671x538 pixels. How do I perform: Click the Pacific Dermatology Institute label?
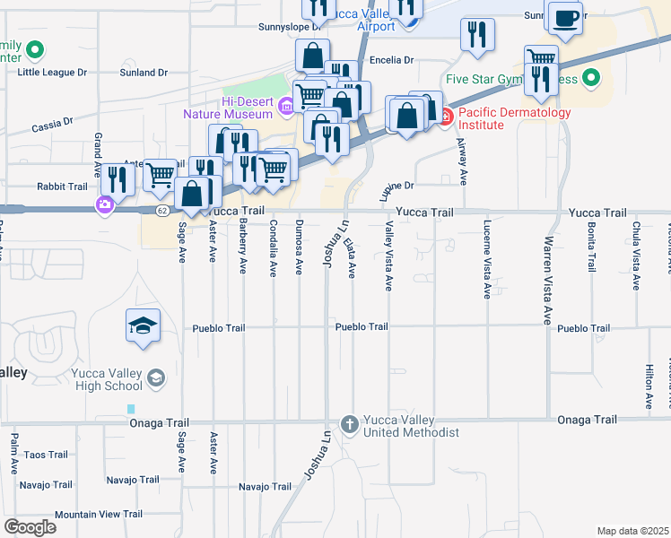514,118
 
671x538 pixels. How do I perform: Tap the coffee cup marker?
565,19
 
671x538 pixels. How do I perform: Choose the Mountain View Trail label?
98,514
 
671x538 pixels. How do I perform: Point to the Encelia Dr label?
390,60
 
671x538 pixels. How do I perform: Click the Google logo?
30,527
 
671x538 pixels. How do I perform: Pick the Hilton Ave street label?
649,387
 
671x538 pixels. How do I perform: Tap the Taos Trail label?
45,455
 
